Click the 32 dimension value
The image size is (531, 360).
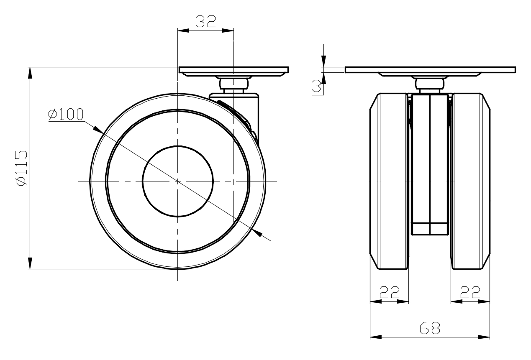pos(205,21)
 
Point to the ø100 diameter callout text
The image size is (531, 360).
pos(66,114)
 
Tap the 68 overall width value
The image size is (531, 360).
pos(430,328)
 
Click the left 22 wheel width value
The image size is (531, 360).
pos(389,292)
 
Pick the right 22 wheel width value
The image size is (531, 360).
pos(470,292)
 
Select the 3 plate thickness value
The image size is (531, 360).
pos(317,86)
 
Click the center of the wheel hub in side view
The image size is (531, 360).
pos(178,181)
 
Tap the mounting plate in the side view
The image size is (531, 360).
pos(233,70)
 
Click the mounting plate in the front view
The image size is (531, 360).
pos(430,70)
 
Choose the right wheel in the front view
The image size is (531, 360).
pos(470,181)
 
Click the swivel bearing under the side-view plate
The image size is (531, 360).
pos(233,84)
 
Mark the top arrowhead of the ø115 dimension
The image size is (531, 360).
pos(30,72)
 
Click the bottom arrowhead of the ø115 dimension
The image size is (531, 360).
pos(30,264)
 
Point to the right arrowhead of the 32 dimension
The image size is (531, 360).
pos(228,31)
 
